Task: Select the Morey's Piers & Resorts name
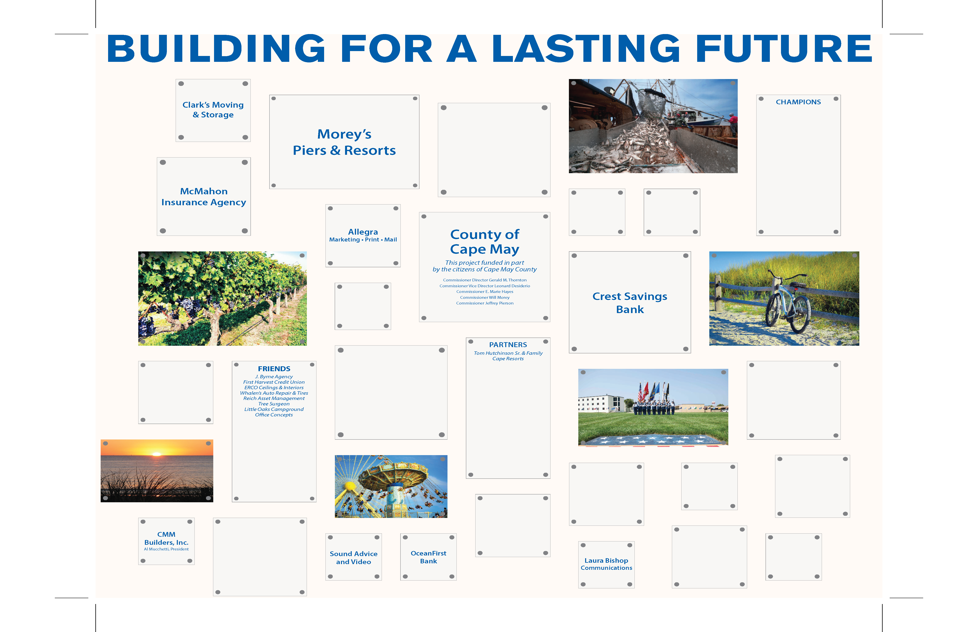click(x=344, y=142)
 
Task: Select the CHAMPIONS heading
click(x=798, y=102)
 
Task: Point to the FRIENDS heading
click(x=274, y=368)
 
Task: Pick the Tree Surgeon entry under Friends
click(x=274, y=404)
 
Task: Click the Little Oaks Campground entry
click(x=274, y=409)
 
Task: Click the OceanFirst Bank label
click(x=428, y=557)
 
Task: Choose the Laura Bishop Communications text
click(x=606, y=564)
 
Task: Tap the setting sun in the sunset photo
click(x=156, y=454)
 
